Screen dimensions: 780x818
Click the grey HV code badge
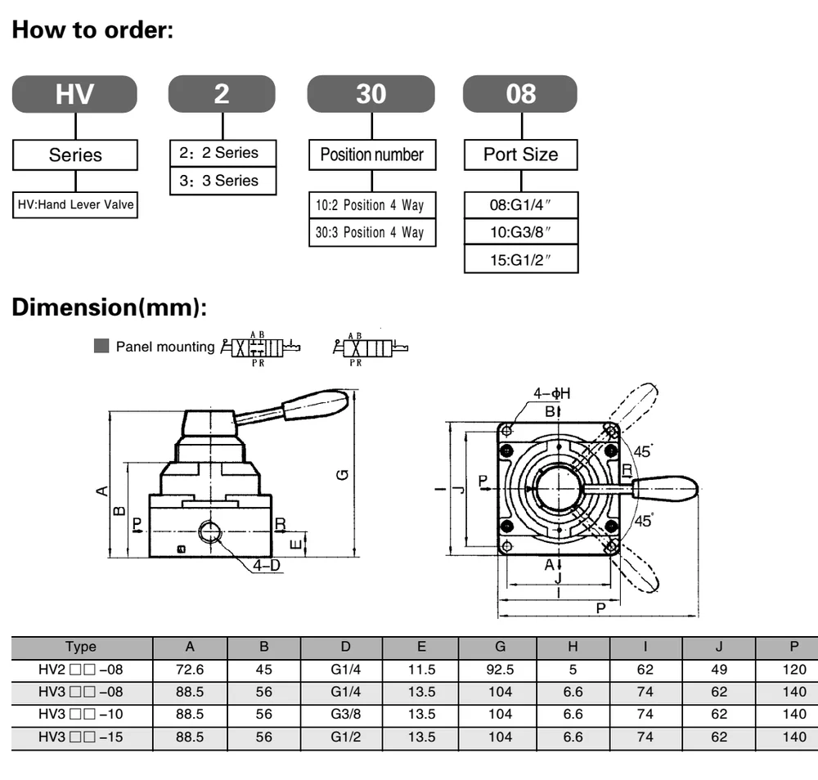[74, 94]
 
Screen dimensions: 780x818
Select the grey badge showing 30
[371, 94]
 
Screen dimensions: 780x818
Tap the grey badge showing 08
[520, 94]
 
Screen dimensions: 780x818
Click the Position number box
[371, 155]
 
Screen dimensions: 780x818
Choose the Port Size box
[520, 155]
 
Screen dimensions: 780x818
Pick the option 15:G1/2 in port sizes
[521, 260]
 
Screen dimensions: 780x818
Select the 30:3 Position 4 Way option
[371, 232]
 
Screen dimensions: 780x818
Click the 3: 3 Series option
[222, 181]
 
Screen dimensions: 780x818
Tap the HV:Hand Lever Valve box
[75, 204]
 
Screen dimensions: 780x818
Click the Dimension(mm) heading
[110, 308]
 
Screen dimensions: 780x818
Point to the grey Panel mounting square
[101, 346]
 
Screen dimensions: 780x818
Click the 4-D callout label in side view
[267, 564]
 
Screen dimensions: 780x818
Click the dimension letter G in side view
[344, 474]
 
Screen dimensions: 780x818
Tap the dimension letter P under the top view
[601, 608]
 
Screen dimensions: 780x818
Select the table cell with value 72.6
[190, 670]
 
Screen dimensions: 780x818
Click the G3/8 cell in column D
[345, 714]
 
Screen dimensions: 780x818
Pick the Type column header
[81, 647]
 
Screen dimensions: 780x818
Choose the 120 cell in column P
[793, 670]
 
